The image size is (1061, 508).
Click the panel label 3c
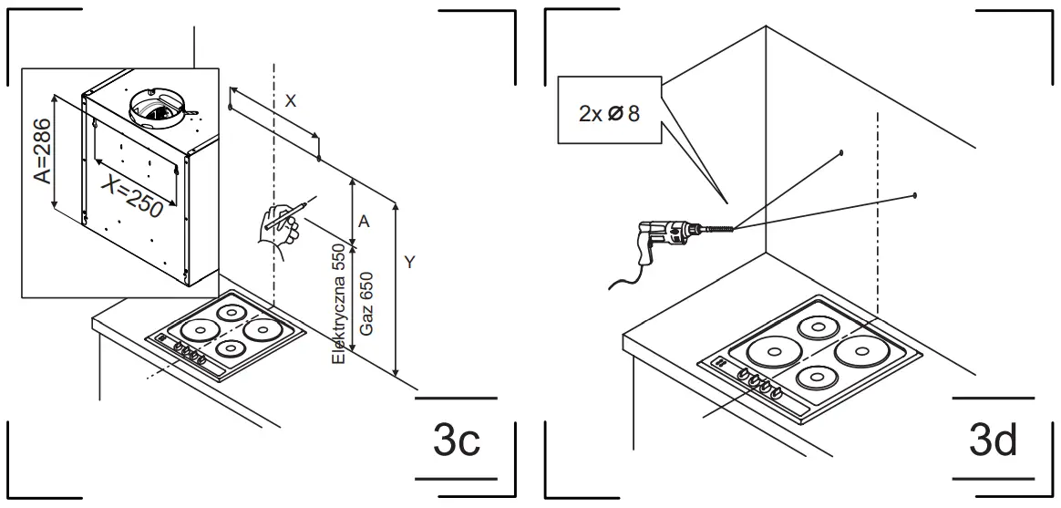click(x=456, y=441)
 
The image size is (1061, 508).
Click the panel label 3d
click(x=993, y=441)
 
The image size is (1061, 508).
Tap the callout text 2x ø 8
click(x=608, y=113)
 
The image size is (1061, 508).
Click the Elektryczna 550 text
click(x=339, y=305)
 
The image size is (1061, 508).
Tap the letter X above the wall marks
click(x=290, y=101)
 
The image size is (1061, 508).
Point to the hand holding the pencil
click(x=279, y=227)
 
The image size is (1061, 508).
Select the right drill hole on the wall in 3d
click(x=914, y=195)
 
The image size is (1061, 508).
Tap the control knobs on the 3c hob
click(x=188, y=351)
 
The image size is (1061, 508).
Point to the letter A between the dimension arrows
click(x=364, y=222)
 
